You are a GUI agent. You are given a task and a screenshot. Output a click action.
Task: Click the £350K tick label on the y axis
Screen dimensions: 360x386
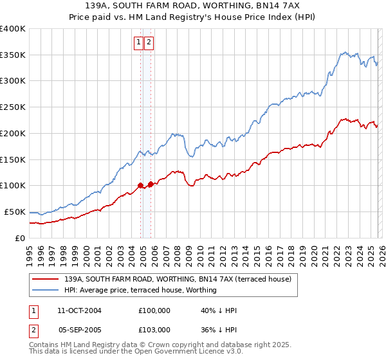coord(13,55)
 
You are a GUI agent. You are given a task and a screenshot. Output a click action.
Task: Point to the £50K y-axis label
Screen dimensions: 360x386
coord(15,212)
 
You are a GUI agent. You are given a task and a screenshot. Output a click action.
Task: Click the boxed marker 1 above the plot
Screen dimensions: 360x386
coord(138,42)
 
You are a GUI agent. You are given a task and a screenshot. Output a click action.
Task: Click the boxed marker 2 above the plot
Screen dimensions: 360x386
coord(149,42)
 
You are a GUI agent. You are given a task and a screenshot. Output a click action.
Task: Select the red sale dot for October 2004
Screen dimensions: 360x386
coord(140,186)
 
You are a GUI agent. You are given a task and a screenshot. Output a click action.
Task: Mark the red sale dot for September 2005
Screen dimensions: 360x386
coord(151,184)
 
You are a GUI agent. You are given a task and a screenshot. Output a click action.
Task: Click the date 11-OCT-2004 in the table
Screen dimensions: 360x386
coord(79,310)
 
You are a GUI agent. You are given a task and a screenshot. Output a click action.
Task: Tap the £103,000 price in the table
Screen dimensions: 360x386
coord(154,329)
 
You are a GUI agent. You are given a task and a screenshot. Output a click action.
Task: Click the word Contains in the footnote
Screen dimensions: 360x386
coord(44,345)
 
